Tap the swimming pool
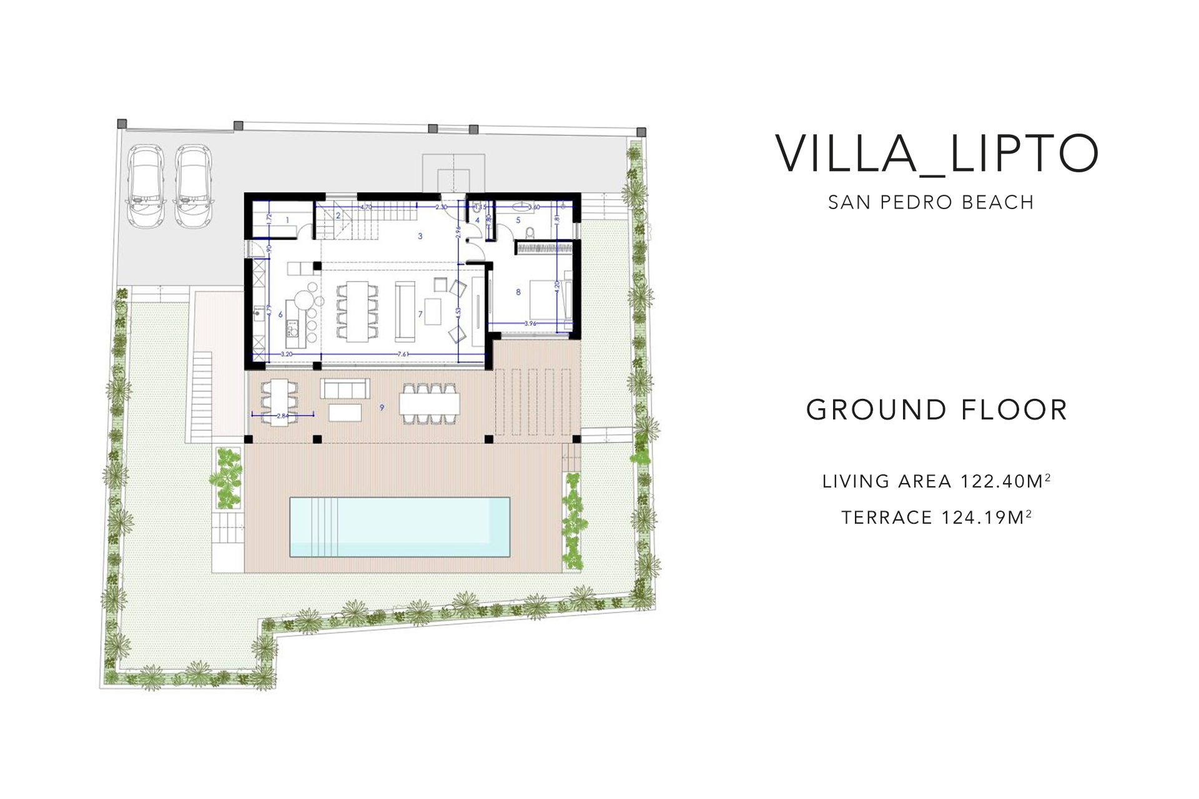[400, 527]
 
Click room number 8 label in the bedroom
[518, 292]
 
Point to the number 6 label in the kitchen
[280, 315]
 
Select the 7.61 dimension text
[403, 355]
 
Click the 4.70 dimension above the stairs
[367, 207]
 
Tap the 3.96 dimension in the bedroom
[530, 323]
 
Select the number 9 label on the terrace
[382, 407]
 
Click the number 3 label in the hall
[420, 236]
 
